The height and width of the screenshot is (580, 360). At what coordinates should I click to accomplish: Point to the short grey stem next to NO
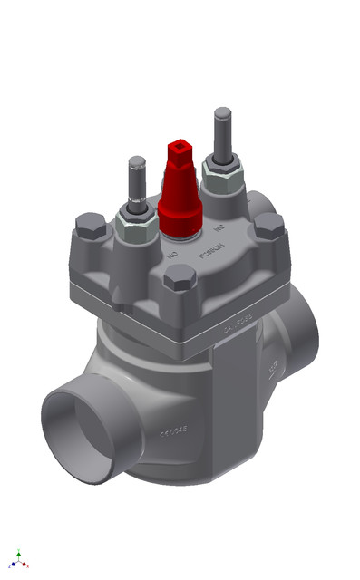tap(136, 182)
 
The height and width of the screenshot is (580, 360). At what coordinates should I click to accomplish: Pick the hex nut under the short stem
tap(136, 217)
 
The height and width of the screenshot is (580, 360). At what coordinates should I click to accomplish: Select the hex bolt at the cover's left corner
tap(91, 225)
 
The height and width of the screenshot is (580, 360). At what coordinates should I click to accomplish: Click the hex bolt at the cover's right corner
tap(268, 226)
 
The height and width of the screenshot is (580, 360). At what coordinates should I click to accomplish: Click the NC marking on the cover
tap(218, 229)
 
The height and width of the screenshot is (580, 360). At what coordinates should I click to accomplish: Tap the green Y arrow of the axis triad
tap(18, 552)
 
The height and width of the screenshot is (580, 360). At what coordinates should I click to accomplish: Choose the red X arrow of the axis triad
tap(26, 565)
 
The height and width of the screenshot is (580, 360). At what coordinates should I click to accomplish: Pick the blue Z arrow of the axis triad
tap(11, 564)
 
